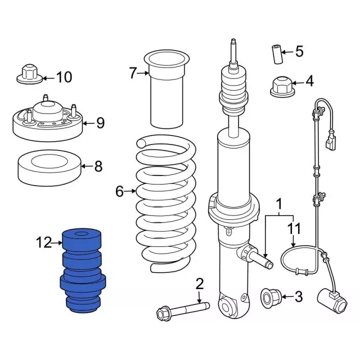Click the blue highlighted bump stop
click(83, 270)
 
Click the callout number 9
click(100, 122)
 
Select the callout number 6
click(119, 192)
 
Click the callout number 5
click(299, 52)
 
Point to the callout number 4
click(309, 82)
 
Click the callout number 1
click(280, 203)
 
